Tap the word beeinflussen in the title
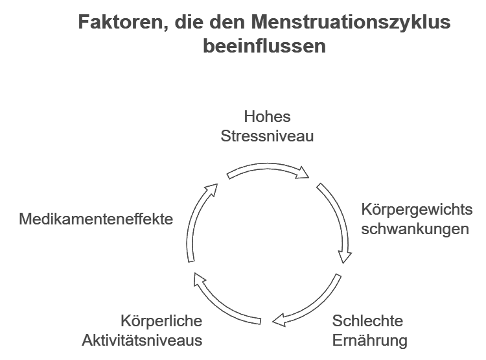coord(264,47)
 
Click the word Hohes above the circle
coord(267,117)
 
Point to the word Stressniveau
coord(267,136)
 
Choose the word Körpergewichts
coord(417,210)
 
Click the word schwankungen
coord(415,229)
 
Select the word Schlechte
coord(367,321)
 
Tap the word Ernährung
coord(369,340)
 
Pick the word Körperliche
coord(161,321)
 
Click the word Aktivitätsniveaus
coord(142,340)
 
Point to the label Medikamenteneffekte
coord(96,219)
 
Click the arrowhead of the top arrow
coord(304,173)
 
